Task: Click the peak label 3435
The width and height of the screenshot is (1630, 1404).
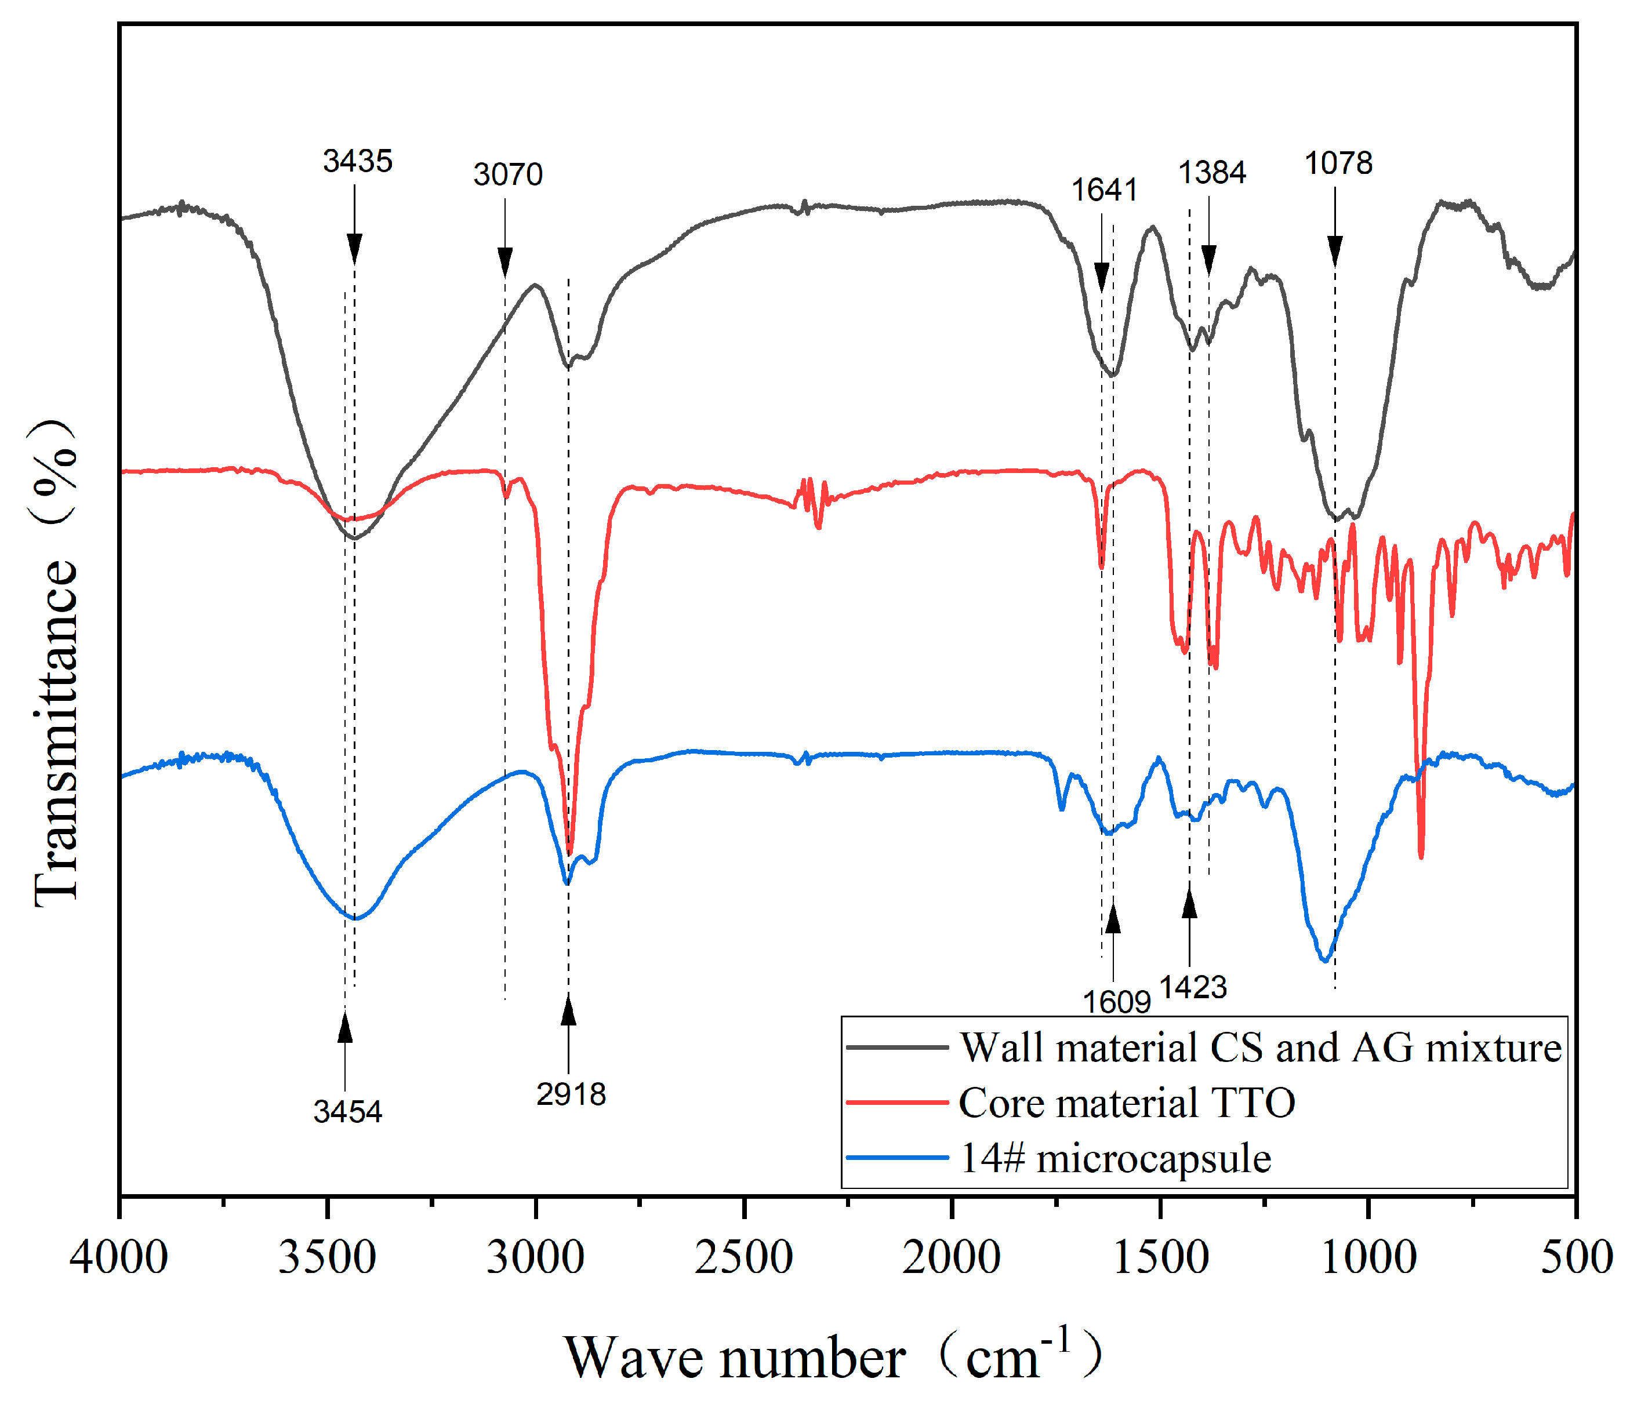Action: point(357,161)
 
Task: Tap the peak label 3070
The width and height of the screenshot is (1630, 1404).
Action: point(507,174)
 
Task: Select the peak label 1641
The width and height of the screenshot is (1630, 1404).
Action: point(1103,190)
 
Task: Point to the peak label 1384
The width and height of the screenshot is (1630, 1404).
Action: point(1211,173)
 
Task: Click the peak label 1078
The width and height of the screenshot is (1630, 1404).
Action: point(1338,163)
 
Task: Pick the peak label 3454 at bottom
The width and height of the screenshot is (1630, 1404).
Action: point(347,1111)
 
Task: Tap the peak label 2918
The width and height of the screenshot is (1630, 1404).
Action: point(571,1094)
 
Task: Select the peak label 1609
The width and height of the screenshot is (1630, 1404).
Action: point(1116,1002)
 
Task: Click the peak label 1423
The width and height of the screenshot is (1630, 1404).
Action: point(1193,987)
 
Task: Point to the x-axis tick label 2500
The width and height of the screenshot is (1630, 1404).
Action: point(743,1256)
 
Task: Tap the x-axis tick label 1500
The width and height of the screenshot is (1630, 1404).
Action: point(1160,1256)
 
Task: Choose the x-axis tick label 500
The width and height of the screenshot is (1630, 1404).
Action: point(1575,1256)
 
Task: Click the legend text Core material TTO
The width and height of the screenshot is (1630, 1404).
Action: point(1127,1103)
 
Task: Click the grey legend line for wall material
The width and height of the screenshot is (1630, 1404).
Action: point(897,1047)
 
